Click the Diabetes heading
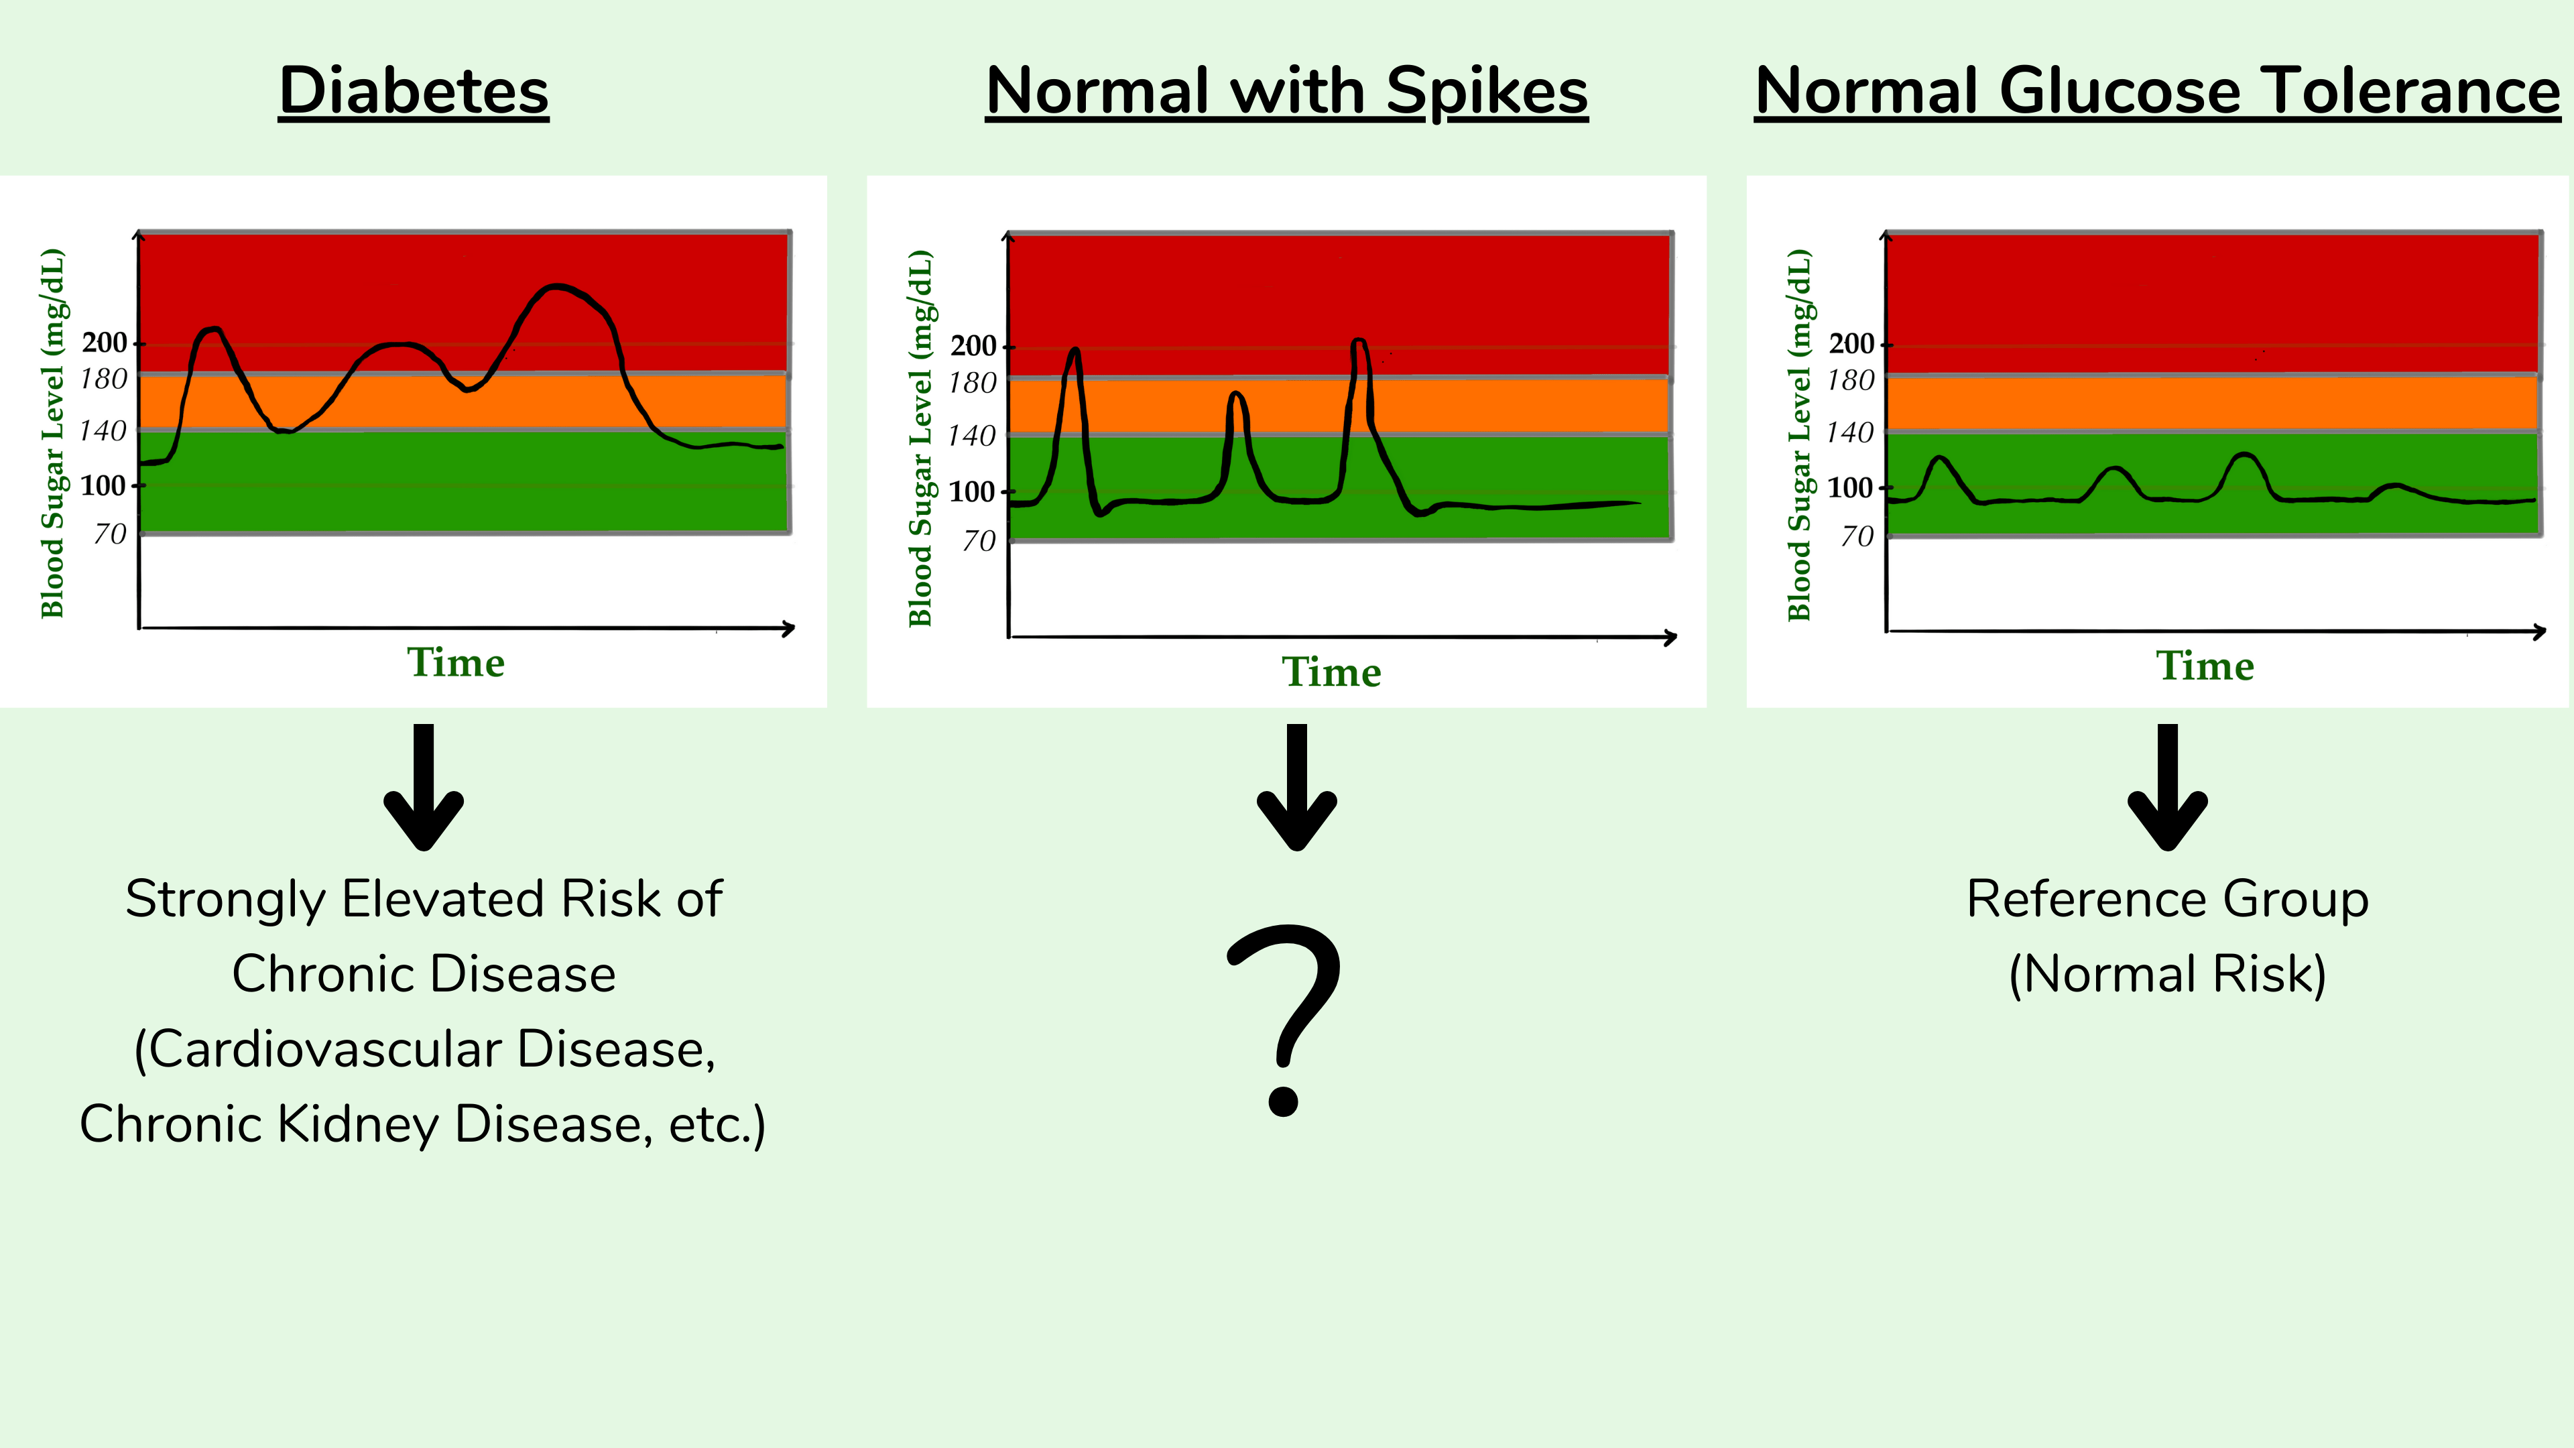tap(414, 91)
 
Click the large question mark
tap(1285, 1019)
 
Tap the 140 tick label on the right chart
tap(1849, 432)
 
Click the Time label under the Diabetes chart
tap(456, 662)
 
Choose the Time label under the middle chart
tap(1331, 672)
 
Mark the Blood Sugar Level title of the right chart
tap(1798, 434)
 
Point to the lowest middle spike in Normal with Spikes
tap(1237, 395)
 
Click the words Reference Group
tap(2167, 898)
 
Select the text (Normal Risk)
tap(2167, 973)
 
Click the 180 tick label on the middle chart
tap(972, 383)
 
